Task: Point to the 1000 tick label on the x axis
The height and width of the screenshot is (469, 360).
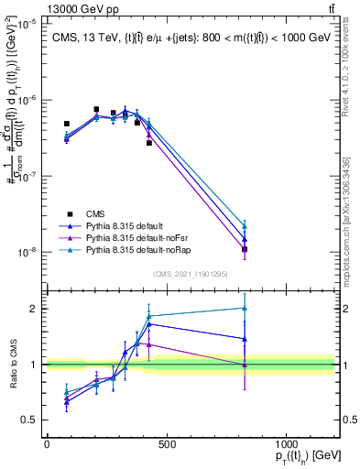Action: [x=287, y=444]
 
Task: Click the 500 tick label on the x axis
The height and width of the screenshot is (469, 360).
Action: [x=167, y=444]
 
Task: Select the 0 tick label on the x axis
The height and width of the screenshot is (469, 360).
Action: [x=47, y=444]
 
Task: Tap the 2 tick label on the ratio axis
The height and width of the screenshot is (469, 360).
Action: [x=33, y=309]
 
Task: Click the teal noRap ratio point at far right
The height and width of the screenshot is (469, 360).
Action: [x=245, y=308]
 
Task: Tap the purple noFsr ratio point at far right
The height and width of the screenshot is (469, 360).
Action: [x=245, y=365]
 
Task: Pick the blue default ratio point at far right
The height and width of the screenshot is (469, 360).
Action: [x=245, y=338]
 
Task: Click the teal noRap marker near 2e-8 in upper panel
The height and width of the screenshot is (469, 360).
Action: [x=245, y=226]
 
